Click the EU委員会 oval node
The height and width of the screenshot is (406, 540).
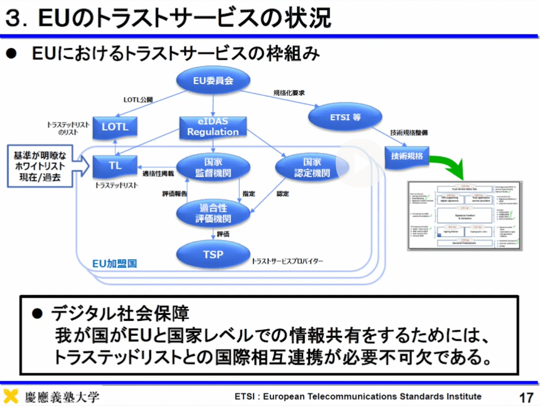[x=213, y=81]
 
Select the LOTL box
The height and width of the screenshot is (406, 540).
[x=115, y=127]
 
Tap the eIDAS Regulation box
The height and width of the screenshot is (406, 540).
[x=213, y=127]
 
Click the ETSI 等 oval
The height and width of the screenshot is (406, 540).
[x=345, y=117]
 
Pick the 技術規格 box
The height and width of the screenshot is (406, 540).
[x=407, y=155]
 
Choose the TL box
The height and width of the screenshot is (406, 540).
[x=115, y=166]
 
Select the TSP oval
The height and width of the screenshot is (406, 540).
[x=213, y=254]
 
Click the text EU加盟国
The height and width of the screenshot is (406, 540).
[x=114, y=263]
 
